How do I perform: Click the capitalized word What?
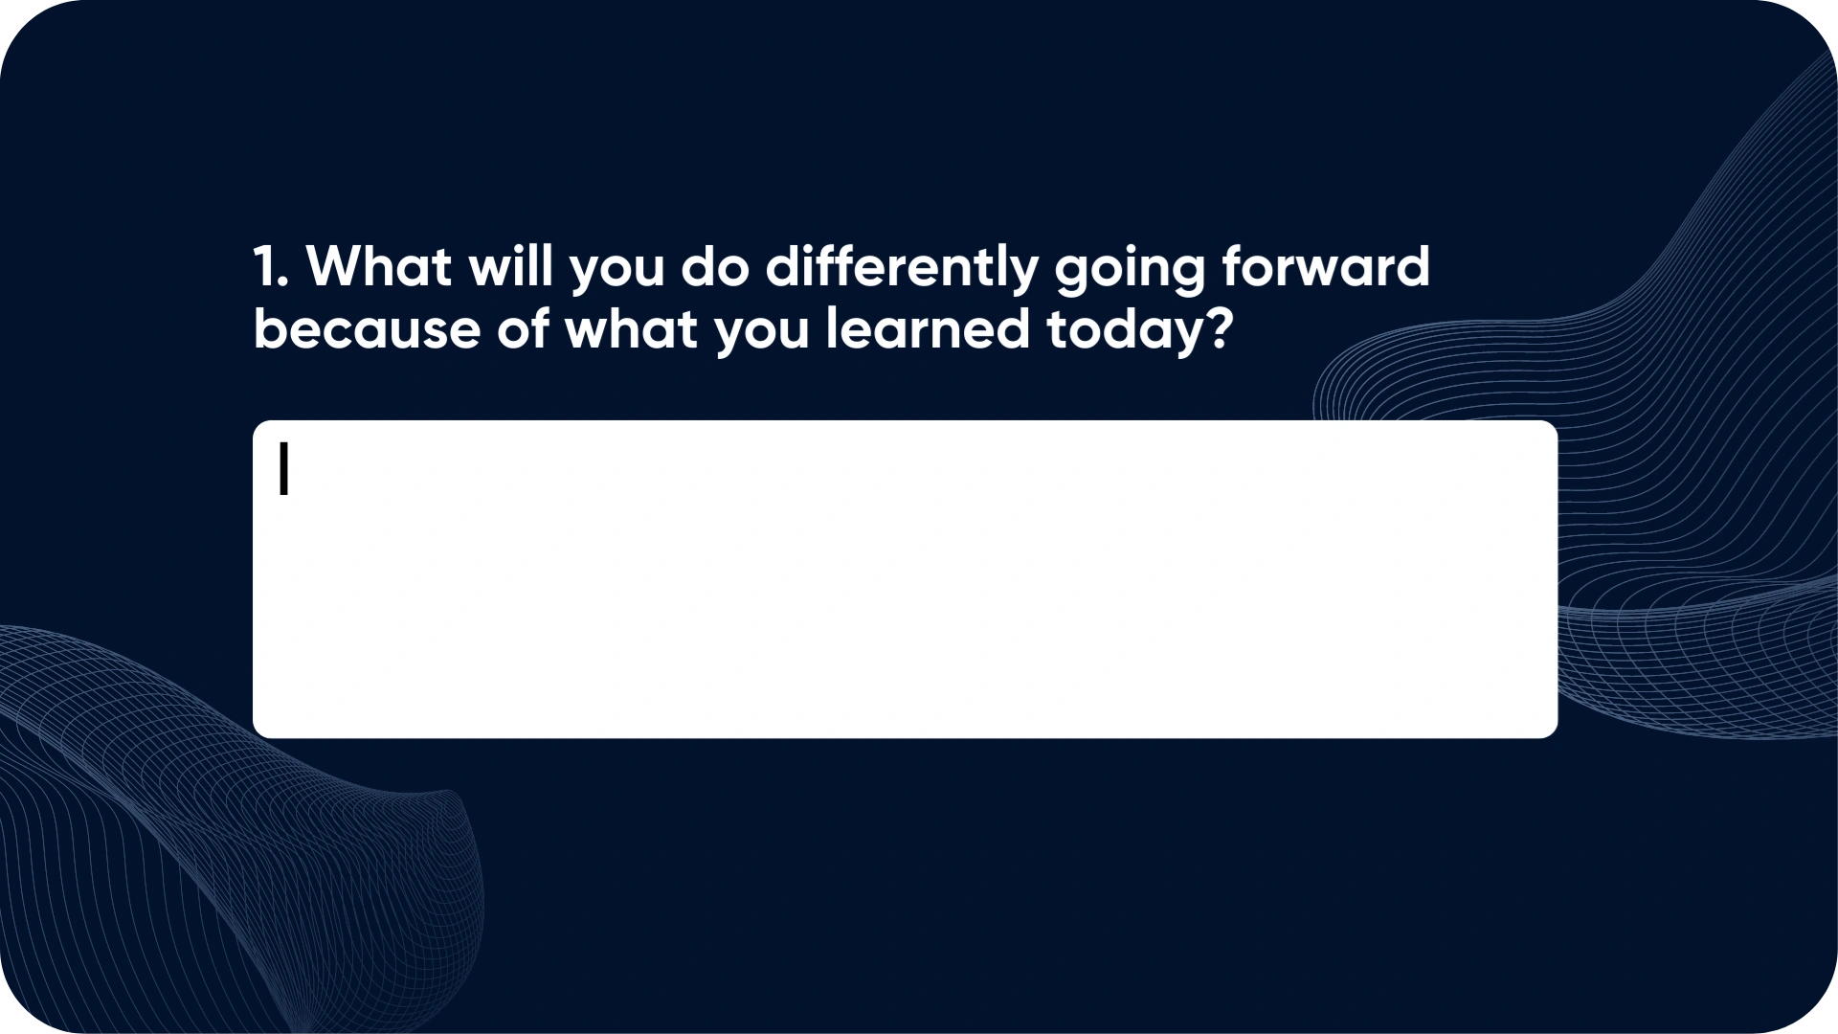tap(378, 266)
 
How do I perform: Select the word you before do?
tap(616, 272)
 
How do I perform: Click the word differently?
tap(902, 270)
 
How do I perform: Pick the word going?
tap(1130, 270)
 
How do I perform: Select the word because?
tap(367, 328)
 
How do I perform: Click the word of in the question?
tap(523, 328)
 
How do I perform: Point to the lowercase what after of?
tap(632, 328)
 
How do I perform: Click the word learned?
tap(928, 328)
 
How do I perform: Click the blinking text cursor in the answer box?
tap(283, 469)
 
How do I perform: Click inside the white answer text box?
tap(905, 579)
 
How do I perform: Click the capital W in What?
tap(334, 266)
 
